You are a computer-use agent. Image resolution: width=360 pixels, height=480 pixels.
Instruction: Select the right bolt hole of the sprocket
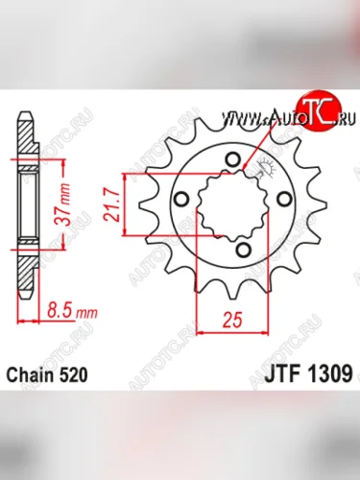coord(281,200)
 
